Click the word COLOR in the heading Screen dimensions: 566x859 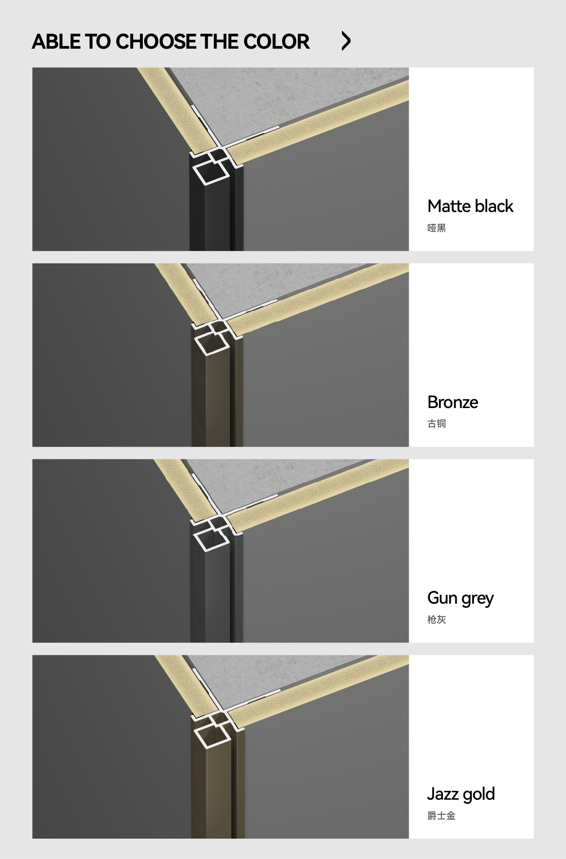tap(276, 42)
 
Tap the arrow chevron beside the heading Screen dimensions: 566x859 tap(346, 41)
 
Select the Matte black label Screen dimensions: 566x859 tap(470, 206)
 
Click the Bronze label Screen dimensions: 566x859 tap(453, 402)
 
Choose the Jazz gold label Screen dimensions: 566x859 tap(461, 794)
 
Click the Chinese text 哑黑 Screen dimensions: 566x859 tap(436, 228)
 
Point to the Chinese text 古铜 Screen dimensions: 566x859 tap(436, 424)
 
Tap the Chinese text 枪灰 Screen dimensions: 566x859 tap(436, 620)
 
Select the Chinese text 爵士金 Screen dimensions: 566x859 tap(441, 816)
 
